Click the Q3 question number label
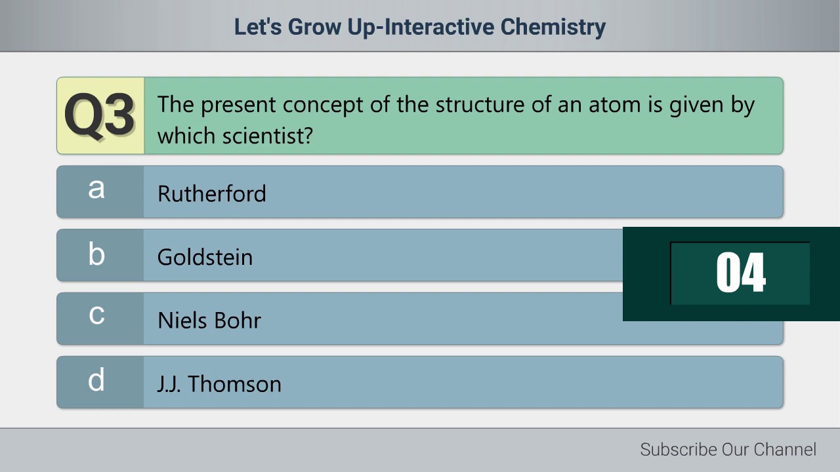[100, 116]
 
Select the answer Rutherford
[211, 193]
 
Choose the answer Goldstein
[205, 257]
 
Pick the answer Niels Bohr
[209, 321]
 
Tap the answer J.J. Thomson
[219, 383]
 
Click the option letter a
[96, 189]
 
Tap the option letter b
[96, 254]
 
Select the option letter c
[96, 315]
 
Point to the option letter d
[96, 380]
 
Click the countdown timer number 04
[740, 273]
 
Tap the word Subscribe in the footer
[679, 450]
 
